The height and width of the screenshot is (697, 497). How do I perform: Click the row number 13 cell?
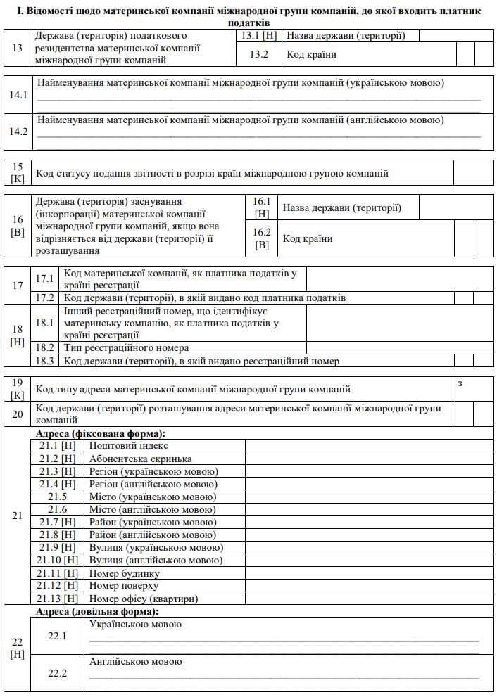click(17, 48)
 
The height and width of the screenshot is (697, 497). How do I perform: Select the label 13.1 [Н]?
click(259, 35)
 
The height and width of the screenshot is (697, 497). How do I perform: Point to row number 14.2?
click(18, 132)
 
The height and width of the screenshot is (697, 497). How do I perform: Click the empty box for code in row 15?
click(473, 173)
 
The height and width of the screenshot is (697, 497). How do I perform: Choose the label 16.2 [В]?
click(262, 238)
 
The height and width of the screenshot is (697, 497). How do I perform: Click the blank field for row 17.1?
click(399, 279)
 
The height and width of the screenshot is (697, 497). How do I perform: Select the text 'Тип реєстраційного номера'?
click(126, 347)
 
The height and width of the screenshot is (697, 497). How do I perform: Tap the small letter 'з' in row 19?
click(460, 383)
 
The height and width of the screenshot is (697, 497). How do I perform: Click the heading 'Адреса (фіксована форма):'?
click(100, 433)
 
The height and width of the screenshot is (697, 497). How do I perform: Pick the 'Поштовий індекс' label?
click(129, 445)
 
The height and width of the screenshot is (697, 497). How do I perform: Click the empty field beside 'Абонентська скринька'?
click(369, 459)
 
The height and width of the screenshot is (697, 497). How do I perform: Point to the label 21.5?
click(58, 497)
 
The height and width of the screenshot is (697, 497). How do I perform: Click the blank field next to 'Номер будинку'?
click(369, 573)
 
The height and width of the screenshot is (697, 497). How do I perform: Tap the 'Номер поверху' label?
click(124, 586)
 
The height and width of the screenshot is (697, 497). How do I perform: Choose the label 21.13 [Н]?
click(58, 599)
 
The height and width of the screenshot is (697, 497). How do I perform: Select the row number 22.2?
click(58, 673)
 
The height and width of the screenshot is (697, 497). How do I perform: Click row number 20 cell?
click(18, 414)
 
